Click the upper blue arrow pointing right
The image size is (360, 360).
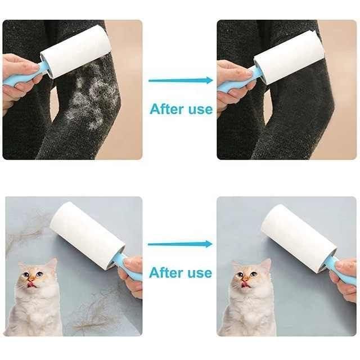[x=180, y=80]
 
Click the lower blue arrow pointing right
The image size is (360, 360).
[x=180, y=244]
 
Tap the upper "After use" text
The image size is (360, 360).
[x=181, y=109]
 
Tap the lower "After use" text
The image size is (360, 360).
[x=181, y=273]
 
